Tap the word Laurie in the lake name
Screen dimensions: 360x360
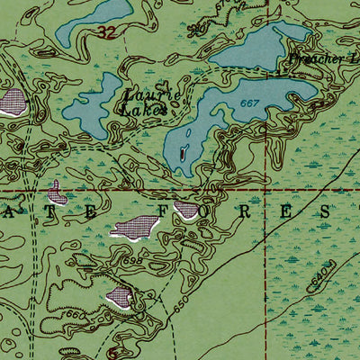point(143,94)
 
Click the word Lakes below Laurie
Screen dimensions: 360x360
point(142,110)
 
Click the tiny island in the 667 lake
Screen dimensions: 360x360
point(184,154)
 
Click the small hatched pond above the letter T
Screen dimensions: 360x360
point(56,192)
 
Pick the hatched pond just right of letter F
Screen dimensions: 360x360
point(188,211)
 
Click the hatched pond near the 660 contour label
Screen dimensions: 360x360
point(120,297)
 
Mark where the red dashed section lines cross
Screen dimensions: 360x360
point(266,191)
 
